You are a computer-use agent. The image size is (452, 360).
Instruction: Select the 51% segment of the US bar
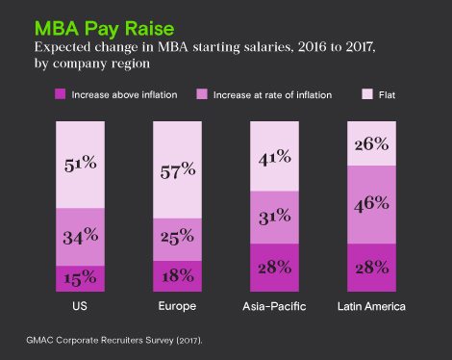point(80,165)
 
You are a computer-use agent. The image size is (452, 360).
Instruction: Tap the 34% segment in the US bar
point(80,236)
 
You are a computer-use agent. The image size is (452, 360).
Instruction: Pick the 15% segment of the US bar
point(80,277)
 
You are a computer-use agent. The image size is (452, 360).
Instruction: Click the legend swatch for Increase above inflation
point(60,94)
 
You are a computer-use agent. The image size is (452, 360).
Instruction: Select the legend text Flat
point(386,94)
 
